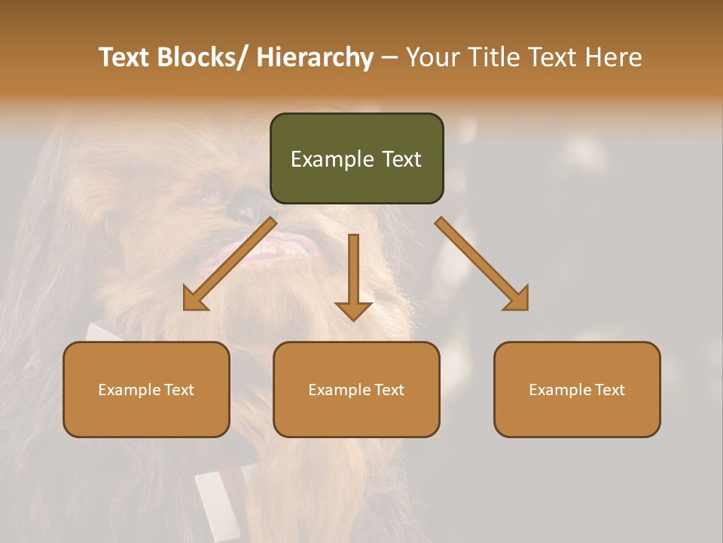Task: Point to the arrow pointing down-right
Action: (482, 265)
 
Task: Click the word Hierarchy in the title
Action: (315, 58)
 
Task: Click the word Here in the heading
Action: (615, 58)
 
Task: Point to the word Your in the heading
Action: (432, 58)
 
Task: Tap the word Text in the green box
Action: (401, 159)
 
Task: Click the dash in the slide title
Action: (389, 58)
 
